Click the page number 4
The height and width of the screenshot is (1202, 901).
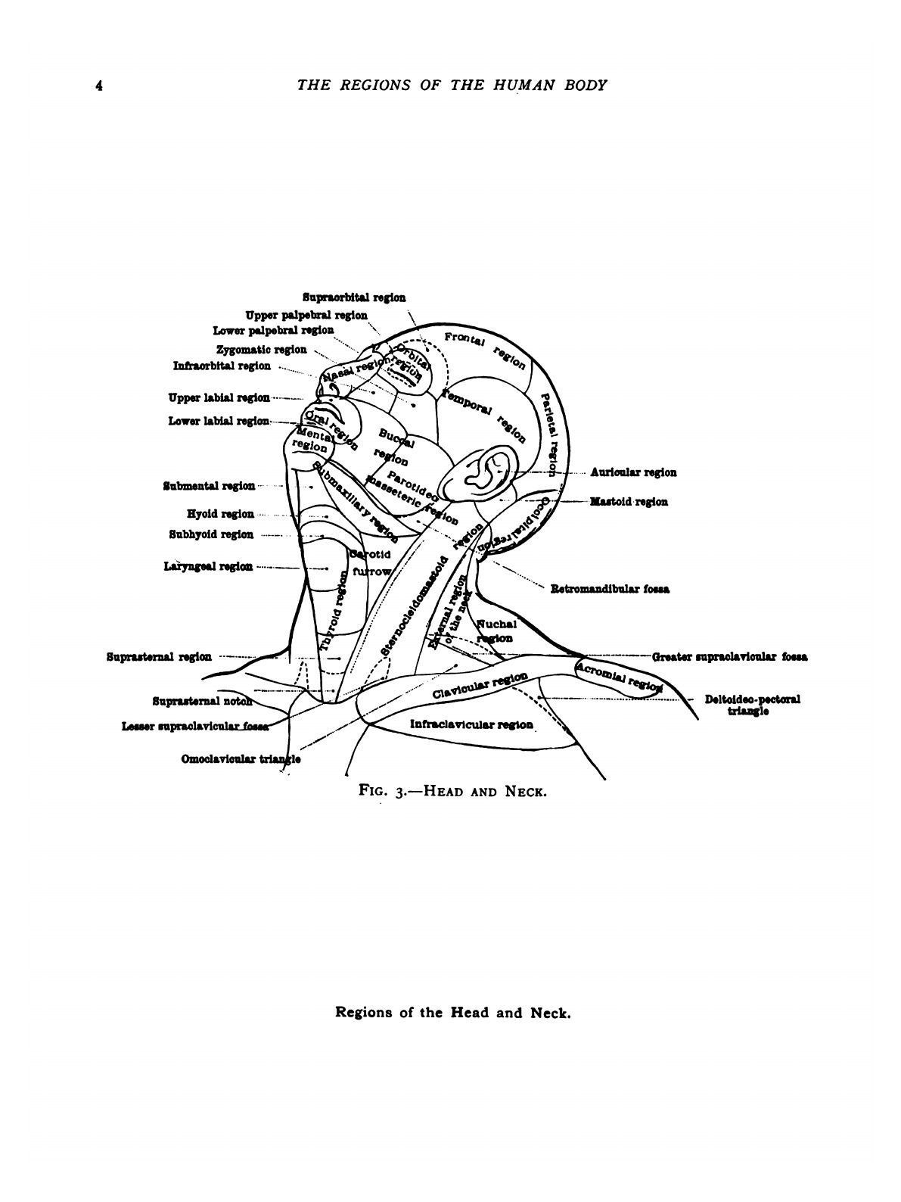click(x=98, y=86)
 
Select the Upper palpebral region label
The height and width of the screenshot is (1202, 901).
click(x=306, y=315)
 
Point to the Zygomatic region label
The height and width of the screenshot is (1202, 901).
click(x=261, y=350)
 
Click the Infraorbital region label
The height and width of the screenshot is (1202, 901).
click(x=222, y=366)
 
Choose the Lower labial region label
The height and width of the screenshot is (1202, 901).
click(x=219, y=421)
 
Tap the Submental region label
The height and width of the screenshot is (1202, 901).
click(x=209, y=486)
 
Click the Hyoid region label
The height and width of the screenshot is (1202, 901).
click(x=220, y=514)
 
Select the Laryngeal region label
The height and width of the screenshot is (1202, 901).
click(x=208, y=567)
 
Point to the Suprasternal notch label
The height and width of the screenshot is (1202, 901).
click(x=201, y=701)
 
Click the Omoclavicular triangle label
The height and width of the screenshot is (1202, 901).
click(x=241, y=759)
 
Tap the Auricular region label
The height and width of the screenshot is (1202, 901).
click(x=633, y=472)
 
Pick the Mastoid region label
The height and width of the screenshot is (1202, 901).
click(x=629, y=502)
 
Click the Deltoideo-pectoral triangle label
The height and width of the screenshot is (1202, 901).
click(x=752, y=705)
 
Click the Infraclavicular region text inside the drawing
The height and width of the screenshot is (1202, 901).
click(x=471, y=724)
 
